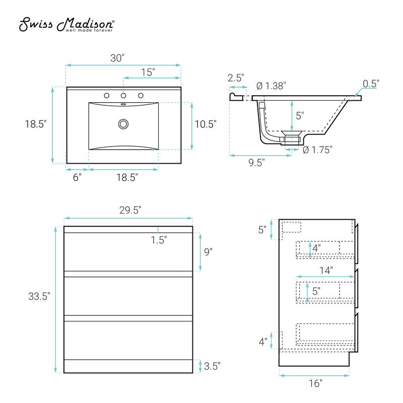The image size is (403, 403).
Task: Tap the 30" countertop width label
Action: click(x=117, y=58)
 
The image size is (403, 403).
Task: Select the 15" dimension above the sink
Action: click(x=147, y=72)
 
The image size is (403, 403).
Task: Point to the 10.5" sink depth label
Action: click(x=206, y=124)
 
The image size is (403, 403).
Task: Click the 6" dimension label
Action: click(x=77, y=177)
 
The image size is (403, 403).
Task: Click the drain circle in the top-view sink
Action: click(x=123, y=124)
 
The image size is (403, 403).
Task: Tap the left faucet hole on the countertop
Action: click(x=107, y=95)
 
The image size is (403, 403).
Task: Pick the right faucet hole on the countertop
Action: click(x=141, y=95)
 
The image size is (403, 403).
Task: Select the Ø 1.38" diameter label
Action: click(x=271, y=86)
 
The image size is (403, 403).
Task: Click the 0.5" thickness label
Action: click(x=371, y=84)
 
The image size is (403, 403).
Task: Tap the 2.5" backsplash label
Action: click(x=236, y=78)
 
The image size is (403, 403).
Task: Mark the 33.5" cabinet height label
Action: click(x=39, y=296)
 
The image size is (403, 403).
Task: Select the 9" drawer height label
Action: click(x=209, y=252)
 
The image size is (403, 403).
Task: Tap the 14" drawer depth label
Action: click(x=325, y=270)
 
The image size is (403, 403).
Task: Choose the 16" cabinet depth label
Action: click(x=315, y=384)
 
